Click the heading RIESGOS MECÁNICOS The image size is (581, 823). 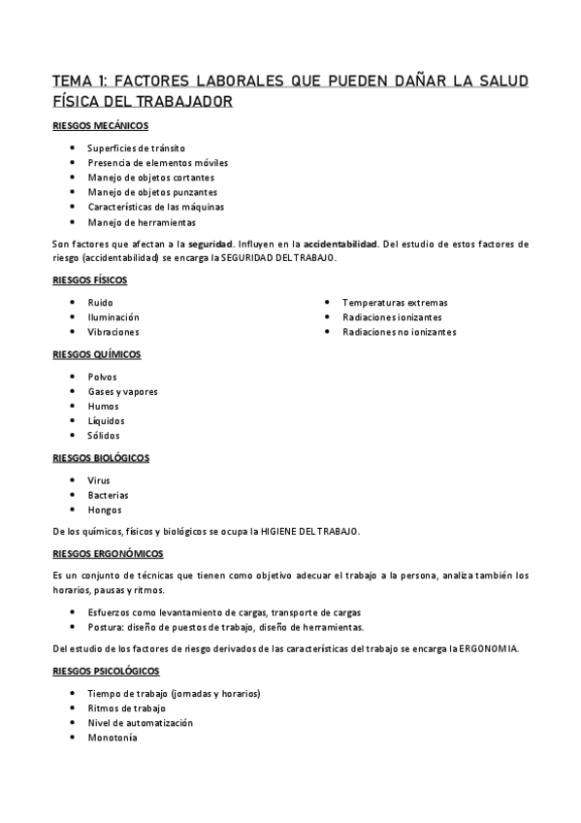pos(99,126)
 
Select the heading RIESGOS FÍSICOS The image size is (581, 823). pos(89,280)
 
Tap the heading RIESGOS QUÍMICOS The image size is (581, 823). pos(96,354)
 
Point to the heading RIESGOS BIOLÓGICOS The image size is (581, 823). pos(101,458)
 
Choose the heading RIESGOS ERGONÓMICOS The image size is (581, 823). pos(108,553)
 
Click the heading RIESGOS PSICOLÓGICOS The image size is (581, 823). pos(106,672)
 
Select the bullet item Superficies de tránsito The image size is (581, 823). pos(136,148)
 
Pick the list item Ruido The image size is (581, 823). pos(100,303)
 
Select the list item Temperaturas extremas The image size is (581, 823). pos(395,303)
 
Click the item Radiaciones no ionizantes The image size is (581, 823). pos(399,332)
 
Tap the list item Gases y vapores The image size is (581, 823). pos(122,391)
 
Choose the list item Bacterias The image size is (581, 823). pos(108,495)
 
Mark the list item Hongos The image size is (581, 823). pos(105,510)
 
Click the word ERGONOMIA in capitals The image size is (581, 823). pos(489,649)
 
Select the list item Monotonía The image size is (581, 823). pos(113,738)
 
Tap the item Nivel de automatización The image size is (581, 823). pos(140,723)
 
